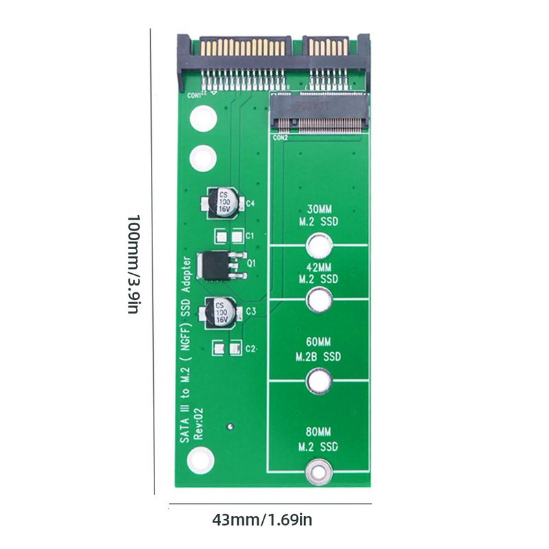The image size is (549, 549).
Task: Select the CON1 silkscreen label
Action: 195,95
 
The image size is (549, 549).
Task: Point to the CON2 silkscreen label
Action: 281,137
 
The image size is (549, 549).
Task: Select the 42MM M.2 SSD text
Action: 319,272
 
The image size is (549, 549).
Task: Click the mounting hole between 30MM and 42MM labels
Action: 319,245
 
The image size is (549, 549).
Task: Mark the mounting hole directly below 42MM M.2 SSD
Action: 319,300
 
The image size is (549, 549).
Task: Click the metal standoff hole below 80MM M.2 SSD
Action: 319,471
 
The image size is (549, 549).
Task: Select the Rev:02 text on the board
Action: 198,423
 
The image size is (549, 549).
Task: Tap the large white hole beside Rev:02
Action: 200,459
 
